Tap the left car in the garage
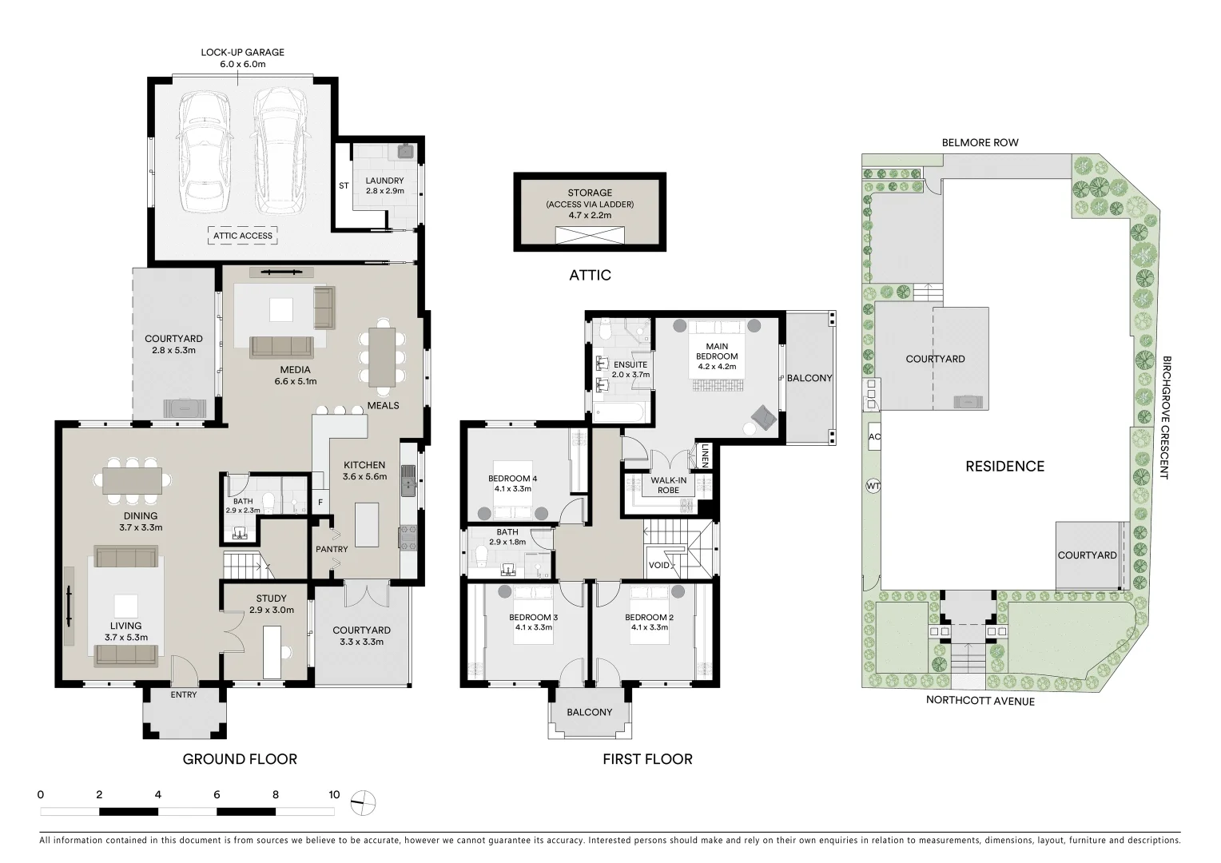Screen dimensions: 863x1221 tap(205, 150)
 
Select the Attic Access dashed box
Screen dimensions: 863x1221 tap(242, 236)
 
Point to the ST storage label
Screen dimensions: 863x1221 tap(344, 185)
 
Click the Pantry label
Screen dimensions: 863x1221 tap(332, 549)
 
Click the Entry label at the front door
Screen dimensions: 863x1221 tap(184, 694)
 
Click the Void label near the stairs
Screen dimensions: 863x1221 tap(658, 565)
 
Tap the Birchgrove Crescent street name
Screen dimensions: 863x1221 tap(1166, 417)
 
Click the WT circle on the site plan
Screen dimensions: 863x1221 tap(873, 486)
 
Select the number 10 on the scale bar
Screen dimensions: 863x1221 tap(334, 794)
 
